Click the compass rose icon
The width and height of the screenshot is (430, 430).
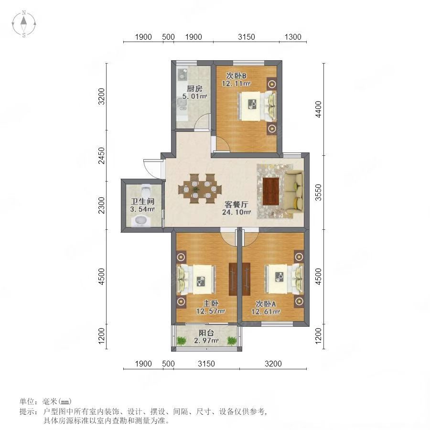[x=24, y=24]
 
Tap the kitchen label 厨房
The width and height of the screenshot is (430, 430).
[x=194, y=88]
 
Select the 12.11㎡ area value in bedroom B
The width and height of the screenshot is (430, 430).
[x=236, y=83]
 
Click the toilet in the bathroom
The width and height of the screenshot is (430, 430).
[x=146, y=189]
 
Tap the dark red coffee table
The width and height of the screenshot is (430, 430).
[x=271, y=191]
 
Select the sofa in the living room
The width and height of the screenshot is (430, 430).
[x=294, y=191]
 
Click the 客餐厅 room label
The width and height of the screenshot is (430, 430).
[x=236, y=204]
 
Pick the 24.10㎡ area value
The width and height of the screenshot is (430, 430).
[x=236, y=212]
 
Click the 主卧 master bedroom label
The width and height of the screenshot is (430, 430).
[x=210, y=303]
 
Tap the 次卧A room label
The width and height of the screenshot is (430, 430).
[x=266, y=303]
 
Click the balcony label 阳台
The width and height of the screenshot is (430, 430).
[x=206, y=333]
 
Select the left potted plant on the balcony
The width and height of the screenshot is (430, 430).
[x=181, y=341]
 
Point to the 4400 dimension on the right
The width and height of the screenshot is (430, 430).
[x=318, y=109]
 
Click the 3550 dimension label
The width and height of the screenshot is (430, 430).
[x=318, y=192]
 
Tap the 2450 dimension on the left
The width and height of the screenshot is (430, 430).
[x=101, y=155]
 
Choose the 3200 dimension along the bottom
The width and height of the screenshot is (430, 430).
[x=273, y=364]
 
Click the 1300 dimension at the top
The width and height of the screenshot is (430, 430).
[x=293, y=37]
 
